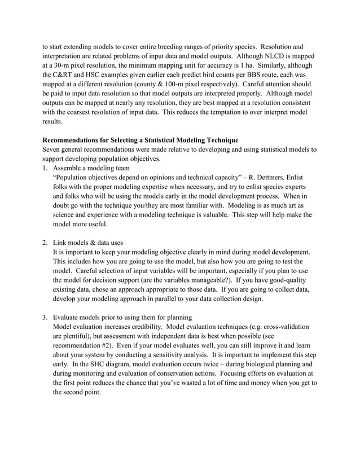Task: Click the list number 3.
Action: [45, 316]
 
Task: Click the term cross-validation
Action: [287, 327]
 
